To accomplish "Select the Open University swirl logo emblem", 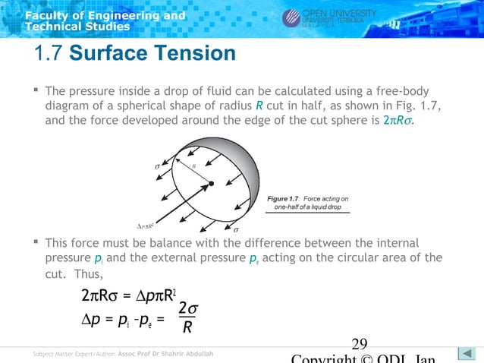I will pyautogui.click(x=292, y=18).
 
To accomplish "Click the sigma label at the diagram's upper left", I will pyautogui.click(x=157, y=163).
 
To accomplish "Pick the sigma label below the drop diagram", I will pyautogui.click(x=235, y=228).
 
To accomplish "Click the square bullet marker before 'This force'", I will pyautogui.click(x=36, y=242).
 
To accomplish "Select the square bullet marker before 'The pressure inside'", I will pyautogui.click(x=36, y=90).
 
